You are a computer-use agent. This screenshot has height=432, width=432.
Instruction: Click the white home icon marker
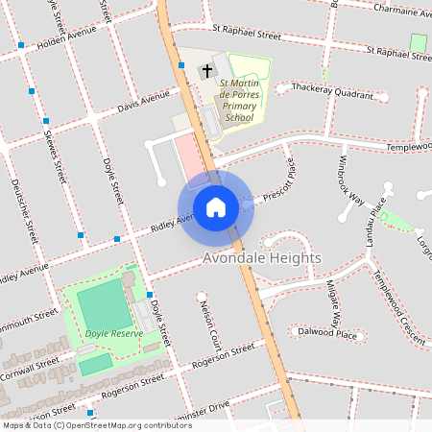[215, 206]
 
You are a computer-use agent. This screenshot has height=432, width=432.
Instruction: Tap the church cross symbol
[205, 71]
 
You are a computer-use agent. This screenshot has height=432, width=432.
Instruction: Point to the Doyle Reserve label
[114, 333]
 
